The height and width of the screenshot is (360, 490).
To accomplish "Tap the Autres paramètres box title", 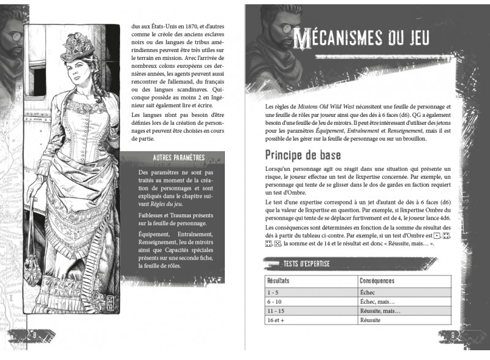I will click(x=178, y=159).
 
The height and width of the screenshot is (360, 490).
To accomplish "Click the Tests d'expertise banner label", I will click(x=307, y=263).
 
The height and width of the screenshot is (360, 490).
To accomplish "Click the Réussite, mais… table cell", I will click(x=381, y=311).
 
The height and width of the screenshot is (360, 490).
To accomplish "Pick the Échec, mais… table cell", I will click(x=379, y=302).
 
